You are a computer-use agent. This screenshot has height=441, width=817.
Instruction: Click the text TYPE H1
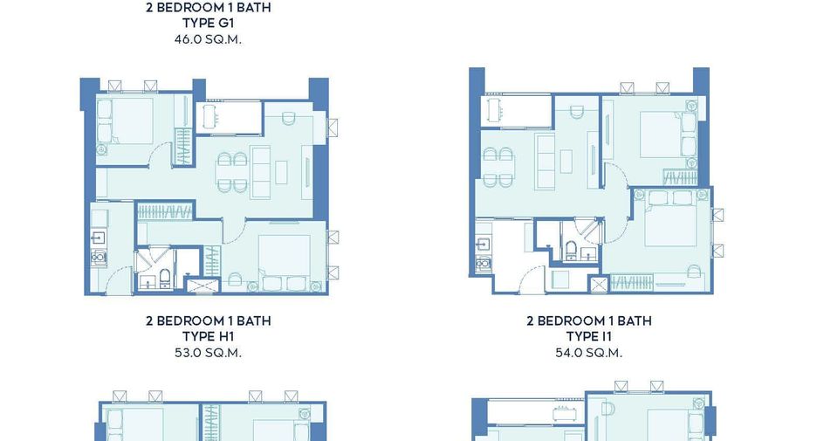pyautogui.click(x=208, y=337)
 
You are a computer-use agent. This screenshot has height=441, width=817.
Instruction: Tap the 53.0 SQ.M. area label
pyautogui.click(x=208, y=353)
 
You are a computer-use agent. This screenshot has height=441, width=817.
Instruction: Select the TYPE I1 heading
pyautogui.click(x=589, y=337)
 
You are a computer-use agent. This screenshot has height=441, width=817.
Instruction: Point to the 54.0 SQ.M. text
pyautogui.click(x=589, y=353)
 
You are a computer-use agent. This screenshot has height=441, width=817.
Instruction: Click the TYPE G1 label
pyautogui.click(x=208, y=23)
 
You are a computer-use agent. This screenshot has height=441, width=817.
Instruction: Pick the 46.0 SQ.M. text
pyautogui.click(x=208, y=39)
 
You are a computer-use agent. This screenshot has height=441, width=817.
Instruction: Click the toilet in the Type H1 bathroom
pyautogui.click(x=165, y=279)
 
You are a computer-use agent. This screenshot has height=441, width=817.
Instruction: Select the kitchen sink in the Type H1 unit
pyautogui.click(x=98, y=238)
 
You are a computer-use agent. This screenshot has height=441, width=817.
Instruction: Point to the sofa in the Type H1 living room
pyautogui.click(x=260, y=172)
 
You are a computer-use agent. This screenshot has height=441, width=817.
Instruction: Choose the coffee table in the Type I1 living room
pyautogui.click(x=566, y=161)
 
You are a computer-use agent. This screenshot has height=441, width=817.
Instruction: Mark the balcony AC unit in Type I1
pyautogui.click(x=494, y=109)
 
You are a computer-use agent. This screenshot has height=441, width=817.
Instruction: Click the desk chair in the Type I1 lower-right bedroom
pyautogui.click(x=694, y=272)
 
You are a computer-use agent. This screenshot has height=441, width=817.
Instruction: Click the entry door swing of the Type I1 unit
pyautogui.click(x=532, y=280)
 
